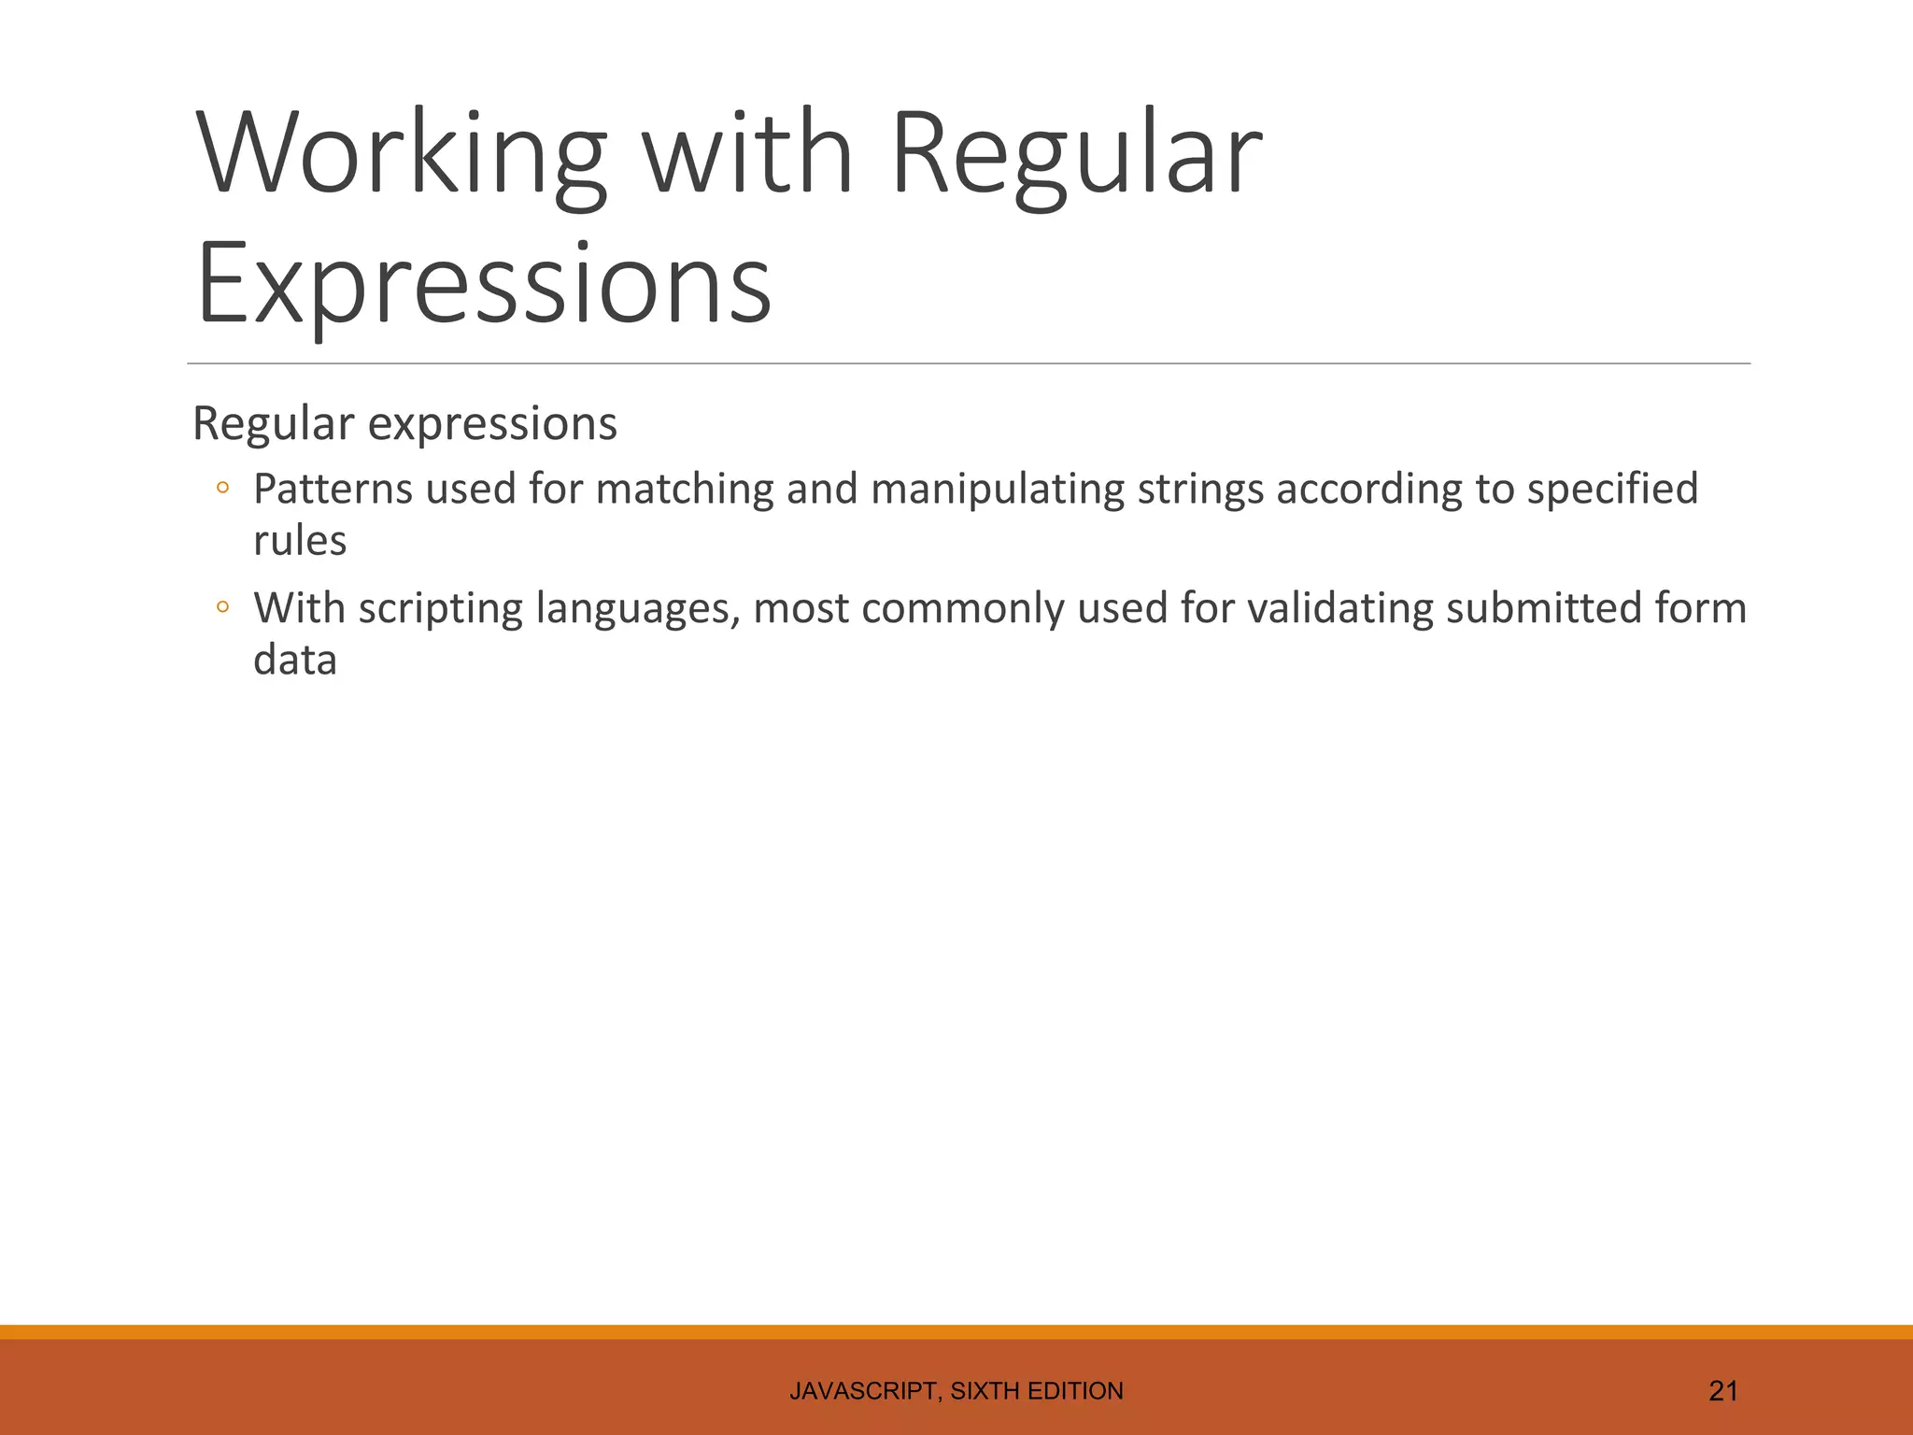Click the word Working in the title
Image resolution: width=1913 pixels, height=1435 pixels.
[402, 154]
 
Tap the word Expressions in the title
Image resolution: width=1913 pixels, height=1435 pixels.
[484, 282]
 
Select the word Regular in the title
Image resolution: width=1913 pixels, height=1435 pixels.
[1076, 154]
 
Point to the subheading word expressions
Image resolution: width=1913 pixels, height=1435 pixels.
[492, 424]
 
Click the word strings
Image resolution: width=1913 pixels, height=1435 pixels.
[1199, 490]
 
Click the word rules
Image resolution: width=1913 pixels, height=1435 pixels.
[300, 541]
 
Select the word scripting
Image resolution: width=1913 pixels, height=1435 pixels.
[440, 609]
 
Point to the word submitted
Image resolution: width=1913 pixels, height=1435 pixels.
[1544, 609]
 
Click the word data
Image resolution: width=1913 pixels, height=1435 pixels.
[295, 661]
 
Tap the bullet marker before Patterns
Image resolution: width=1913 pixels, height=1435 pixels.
[222, 488]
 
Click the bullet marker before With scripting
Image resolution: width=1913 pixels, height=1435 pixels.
[222, 607]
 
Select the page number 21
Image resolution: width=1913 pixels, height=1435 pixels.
[1722, 1391]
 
